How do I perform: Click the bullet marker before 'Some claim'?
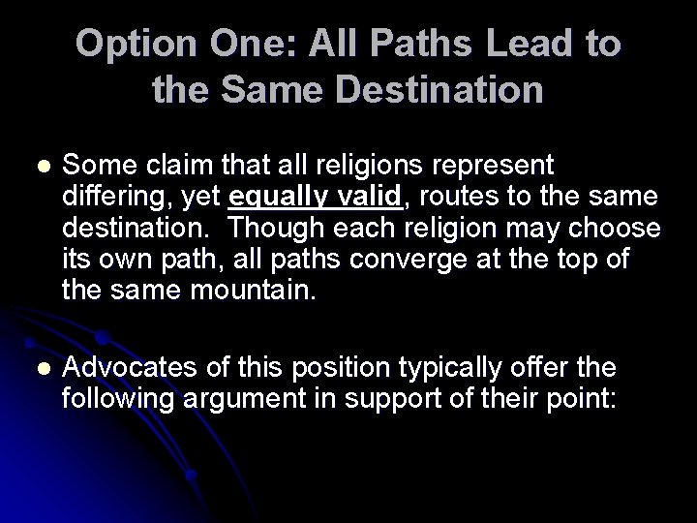(39, 166)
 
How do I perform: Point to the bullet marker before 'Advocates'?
(39, 369)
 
